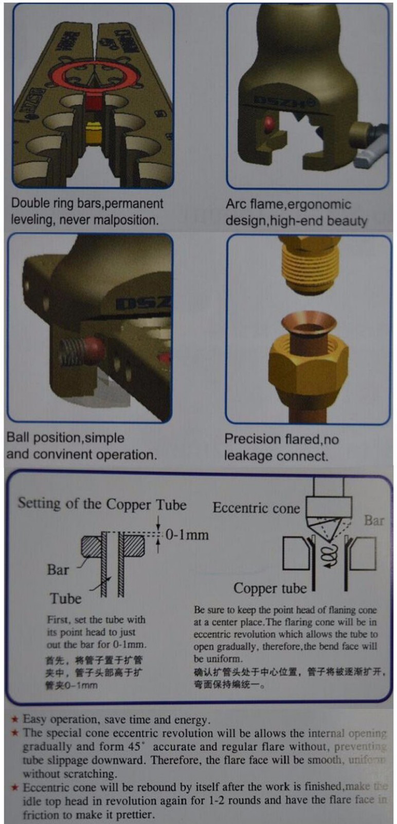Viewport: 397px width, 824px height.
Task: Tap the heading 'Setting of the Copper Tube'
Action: coord(102,504)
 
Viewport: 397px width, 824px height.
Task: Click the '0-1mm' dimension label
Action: coord(187,535)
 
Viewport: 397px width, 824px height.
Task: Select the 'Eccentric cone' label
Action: coord(256,508)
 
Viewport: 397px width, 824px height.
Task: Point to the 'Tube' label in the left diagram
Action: coord(65,598)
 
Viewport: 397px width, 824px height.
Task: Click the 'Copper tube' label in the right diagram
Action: coord(269,588)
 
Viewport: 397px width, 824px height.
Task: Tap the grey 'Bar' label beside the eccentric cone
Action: coord(374,520)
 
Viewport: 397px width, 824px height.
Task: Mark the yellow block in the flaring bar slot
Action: coord(93,133)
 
